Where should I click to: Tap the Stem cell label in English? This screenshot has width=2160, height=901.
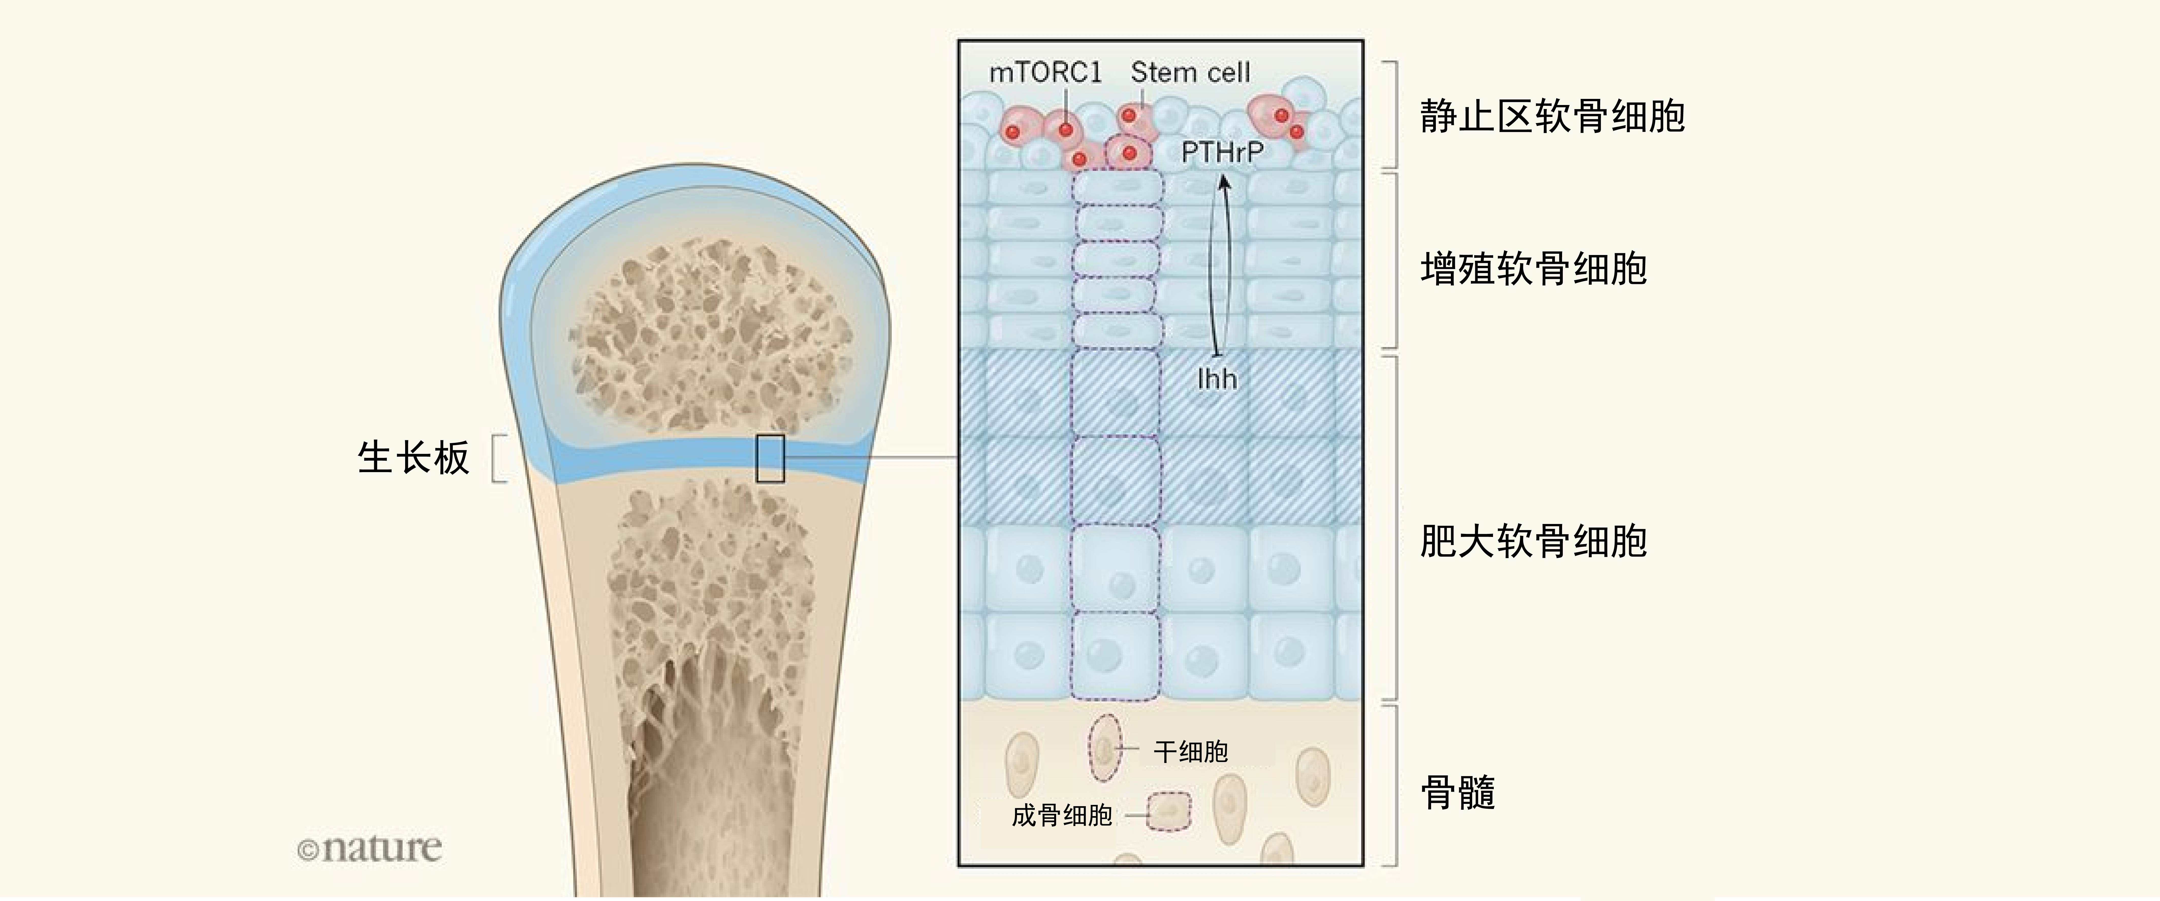click(1190, 73)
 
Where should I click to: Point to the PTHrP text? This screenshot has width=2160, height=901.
click(1222, 153)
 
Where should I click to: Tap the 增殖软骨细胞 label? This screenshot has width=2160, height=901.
click(1534, 269)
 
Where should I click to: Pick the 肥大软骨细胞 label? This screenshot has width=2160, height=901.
click(1534, 541)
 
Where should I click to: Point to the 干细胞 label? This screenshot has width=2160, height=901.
click(1191, 752)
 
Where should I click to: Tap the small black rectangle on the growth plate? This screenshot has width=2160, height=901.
click(770, 458)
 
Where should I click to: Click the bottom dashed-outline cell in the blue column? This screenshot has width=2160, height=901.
click(1116, 656)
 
